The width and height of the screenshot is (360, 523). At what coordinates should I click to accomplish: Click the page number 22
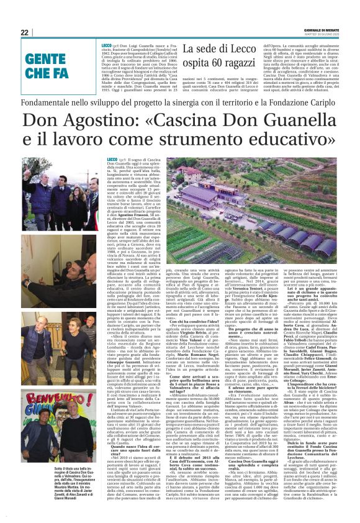[24, 32]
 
